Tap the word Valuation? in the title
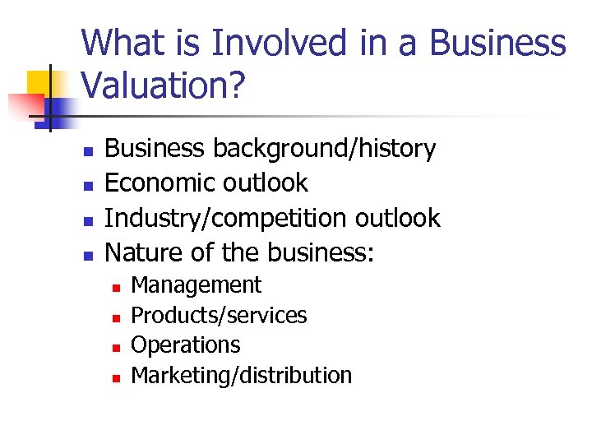point(163,86)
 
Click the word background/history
point(324,149)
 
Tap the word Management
point(196,285)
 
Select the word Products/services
point(219,315)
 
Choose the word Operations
point(186,345)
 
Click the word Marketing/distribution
point(241,375)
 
